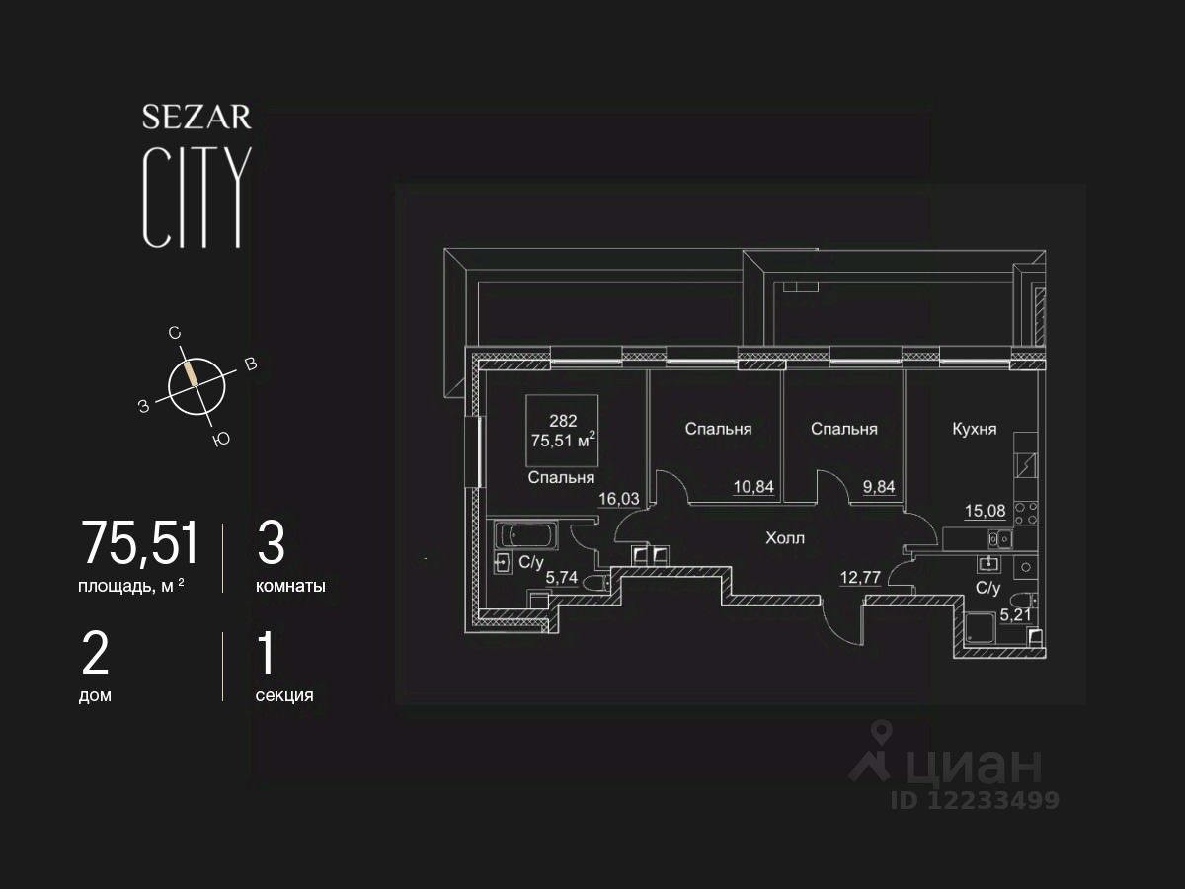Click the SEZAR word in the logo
click(197, 119)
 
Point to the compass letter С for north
click(175, 334)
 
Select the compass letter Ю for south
click(221, 440)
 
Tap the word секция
click(284, 695)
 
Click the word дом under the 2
click(95, 695)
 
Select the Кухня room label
click(974, 429)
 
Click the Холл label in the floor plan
click(785, 538)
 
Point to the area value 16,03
click(619, 499)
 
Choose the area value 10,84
click(752, 486)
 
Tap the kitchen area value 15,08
click(985, 512)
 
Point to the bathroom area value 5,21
click(1017, 613)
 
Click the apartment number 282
click(563, 419)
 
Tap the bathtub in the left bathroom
click(526, 537)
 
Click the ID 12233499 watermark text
click(975, 800)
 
